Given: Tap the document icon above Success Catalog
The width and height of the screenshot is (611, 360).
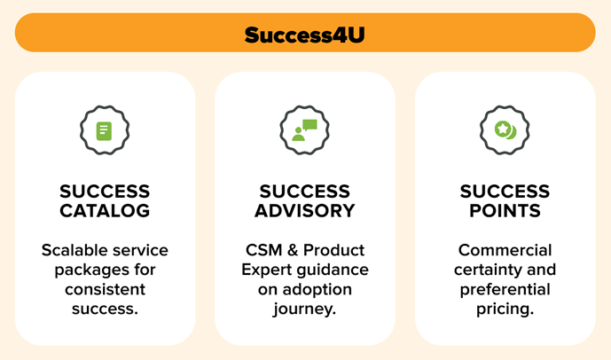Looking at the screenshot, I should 105,131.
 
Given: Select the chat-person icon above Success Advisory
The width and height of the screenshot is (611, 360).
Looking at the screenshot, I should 304,131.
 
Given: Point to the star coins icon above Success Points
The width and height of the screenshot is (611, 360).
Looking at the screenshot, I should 505,131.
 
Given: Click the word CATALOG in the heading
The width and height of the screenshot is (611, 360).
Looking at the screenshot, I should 105,211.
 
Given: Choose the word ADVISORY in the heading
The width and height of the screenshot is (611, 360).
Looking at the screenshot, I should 304,211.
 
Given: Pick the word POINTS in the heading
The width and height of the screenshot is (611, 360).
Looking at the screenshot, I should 505,211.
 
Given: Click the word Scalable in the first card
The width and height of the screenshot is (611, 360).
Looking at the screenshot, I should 75,250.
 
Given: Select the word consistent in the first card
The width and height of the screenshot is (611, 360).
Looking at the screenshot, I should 105,289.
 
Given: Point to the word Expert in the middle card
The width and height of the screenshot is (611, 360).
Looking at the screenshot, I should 265,270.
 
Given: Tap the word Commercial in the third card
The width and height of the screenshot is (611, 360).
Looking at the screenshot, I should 505,250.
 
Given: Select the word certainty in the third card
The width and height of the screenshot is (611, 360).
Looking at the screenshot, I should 489,270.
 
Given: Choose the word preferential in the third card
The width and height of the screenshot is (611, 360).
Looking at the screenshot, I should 505,289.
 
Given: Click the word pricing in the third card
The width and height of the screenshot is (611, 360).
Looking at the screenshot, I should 503,309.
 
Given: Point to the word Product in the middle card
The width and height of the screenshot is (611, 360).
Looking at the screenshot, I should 334,250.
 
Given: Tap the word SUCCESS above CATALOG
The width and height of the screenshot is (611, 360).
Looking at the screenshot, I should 105,192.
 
